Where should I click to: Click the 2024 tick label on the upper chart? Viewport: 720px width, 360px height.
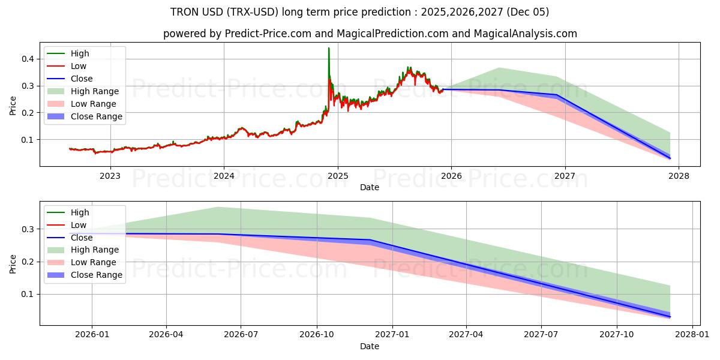224,176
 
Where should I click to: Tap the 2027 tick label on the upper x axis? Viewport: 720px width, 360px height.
565,176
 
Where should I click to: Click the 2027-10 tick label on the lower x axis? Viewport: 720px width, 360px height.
616,335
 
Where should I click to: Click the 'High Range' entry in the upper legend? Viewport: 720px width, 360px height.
95,91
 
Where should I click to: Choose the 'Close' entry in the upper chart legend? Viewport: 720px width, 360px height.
82,79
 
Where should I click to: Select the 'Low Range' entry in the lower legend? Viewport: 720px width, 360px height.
94,262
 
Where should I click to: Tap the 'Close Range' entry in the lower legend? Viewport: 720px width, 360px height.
97,275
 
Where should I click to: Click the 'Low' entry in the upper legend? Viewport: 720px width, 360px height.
79,66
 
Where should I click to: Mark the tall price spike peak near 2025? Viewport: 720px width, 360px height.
329,48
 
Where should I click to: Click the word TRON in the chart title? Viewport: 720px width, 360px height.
187,12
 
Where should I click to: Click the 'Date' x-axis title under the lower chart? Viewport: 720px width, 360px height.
370,346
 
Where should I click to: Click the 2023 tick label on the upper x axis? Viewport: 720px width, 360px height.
110,176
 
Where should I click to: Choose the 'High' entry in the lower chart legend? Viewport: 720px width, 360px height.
80,212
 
